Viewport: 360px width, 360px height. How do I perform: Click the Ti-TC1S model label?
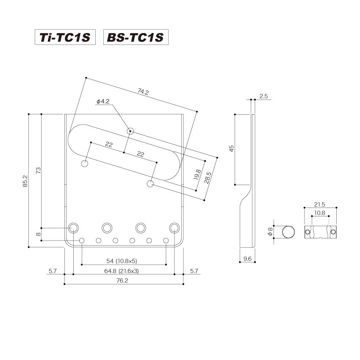coord(65,37)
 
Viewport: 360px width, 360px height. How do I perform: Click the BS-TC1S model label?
coord(136,37)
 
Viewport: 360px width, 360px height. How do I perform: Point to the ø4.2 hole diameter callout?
coord(103,102)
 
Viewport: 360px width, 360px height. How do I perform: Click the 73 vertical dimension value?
coord(38,171)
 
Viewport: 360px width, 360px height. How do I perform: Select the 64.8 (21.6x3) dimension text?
coord(123,271)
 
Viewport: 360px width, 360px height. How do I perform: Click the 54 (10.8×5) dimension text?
coord(124,260)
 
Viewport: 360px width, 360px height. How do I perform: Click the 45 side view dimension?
coord(231,148)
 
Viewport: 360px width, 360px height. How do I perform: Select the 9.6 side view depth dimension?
coord(248,258)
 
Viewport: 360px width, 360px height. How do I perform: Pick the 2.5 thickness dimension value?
coord(263,97)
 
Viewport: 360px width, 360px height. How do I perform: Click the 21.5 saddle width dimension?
coord(320,204)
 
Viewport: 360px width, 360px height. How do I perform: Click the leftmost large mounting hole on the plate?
coord(74,227)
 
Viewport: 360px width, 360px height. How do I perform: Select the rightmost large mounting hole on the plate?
coord(174,227)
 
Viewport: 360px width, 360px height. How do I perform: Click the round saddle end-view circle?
coord(289,232)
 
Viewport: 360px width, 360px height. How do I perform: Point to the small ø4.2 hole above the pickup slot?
coord(130,131)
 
